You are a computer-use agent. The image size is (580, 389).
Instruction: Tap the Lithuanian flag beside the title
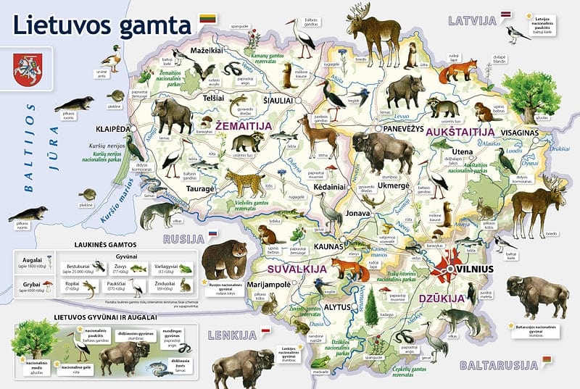[x=207, y=22]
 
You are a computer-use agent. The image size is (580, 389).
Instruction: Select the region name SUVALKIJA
[x=275, y=269]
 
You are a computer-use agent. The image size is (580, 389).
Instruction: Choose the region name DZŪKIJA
[x=441, y=298]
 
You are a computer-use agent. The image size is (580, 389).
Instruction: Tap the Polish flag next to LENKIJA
[x=266, y=331]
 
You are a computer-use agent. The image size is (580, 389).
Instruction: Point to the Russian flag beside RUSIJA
[x=213, y=235]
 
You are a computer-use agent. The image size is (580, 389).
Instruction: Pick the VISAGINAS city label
[x=526, y=133]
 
